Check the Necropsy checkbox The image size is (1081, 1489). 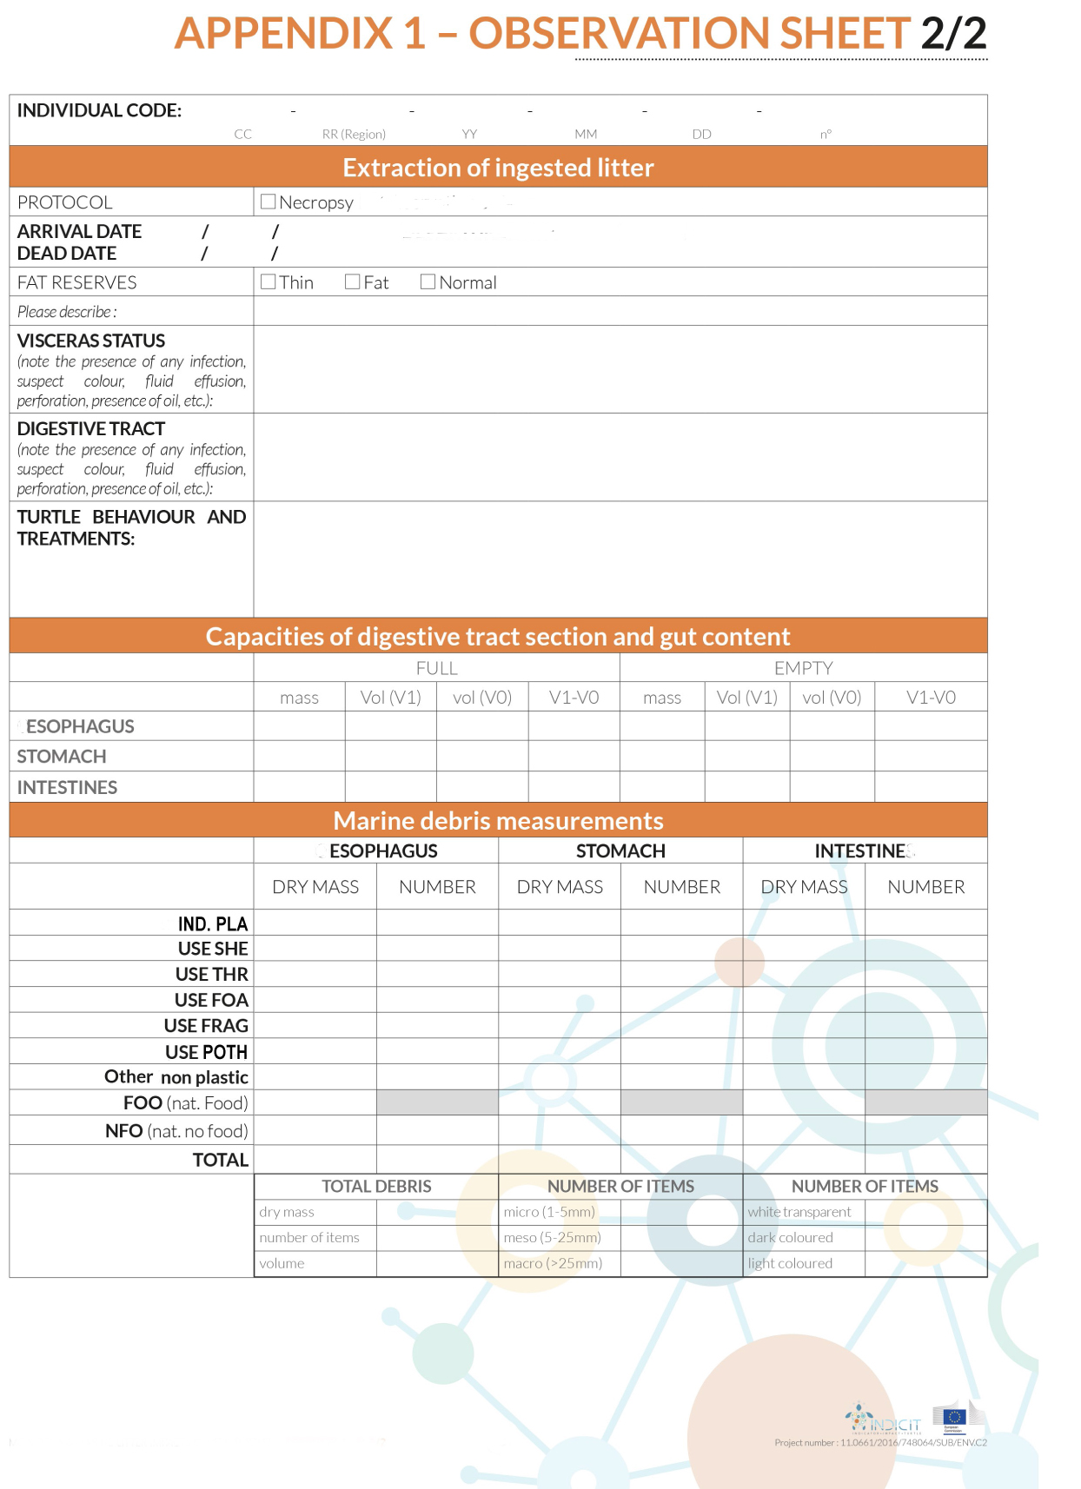click(268, 202)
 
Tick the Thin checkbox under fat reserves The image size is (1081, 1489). click(269, 281)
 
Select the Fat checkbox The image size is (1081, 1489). click(352, 281)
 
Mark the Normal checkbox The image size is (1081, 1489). click(428, 281)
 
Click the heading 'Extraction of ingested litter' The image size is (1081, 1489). click(498, 168)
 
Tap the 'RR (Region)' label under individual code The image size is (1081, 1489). click(354, 134)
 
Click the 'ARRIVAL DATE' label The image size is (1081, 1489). click(79, 231)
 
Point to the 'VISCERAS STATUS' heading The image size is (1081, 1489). click(91, 341)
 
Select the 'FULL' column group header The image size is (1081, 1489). click(436, 668)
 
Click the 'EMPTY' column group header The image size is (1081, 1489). click(803, 668)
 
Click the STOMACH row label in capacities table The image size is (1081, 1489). click(62, 757)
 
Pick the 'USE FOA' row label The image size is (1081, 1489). click(211, 1000)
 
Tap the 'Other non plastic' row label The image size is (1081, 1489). click(176, 1077)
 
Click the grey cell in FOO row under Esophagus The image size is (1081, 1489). click(437, 1102)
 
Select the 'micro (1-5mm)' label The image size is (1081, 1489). click(549, 1212)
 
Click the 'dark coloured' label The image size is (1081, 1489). click(790, 1237)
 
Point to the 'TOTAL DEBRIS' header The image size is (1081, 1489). click(376, 1186)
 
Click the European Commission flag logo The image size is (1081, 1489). click(954, 1418)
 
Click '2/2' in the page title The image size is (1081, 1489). click(953, 33)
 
